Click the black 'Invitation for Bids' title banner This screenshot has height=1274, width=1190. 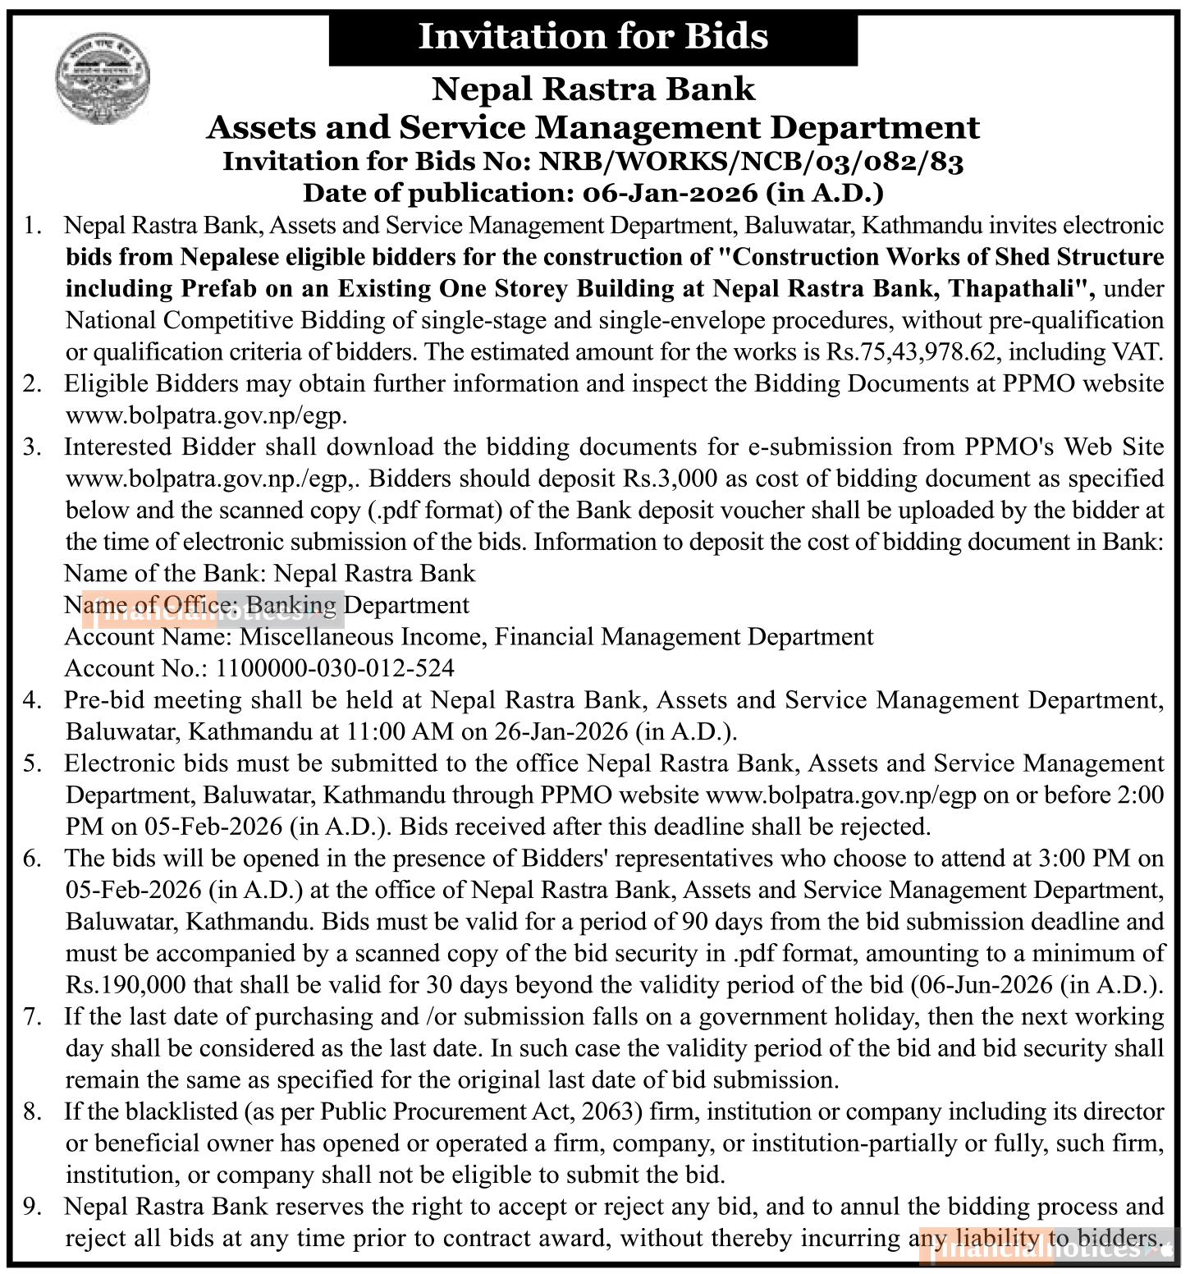click(593, 38)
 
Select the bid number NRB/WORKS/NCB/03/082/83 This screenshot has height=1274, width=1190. click(751, 162)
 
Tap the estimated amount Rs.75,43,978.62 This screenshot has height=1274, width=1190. click(913, 352)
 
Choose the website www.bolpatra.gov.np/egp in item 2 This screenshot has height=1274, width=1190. click(205, 415)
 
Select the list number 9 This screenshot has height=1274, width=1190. click(32, 1207)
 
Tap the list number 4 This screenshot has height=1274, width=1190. click(32, 700)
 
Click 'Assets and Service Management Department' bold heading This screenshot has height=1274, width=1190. click(593, 127)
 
